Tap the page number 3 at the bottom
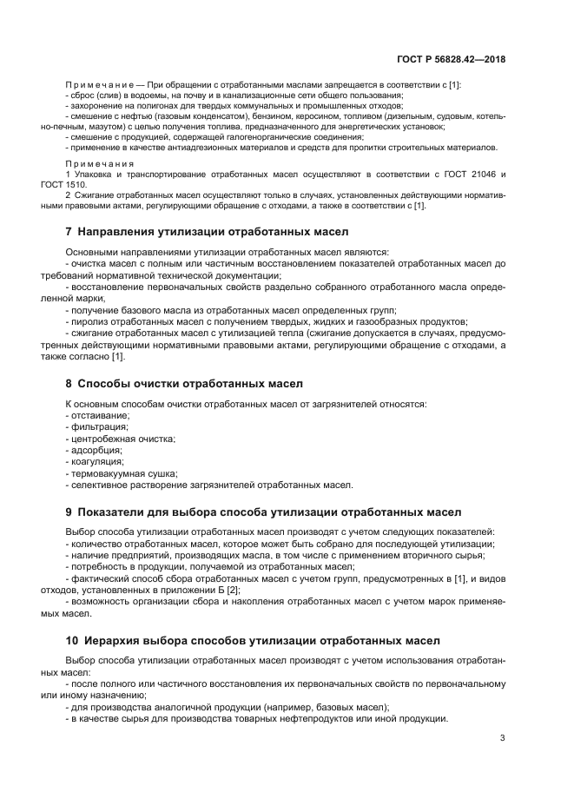(502, 738)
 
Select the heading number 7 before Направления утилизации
(69, 233)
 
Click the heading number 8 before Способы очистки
(69, 383)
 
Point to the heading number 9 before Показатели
(69, 512)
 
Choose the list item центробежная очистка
(122, 439)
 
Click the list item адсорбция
(96, 450)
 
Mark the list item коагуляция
(97, 461)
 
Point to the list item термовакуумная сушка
(123, 472)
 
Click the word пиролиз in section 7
(89, 320)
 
